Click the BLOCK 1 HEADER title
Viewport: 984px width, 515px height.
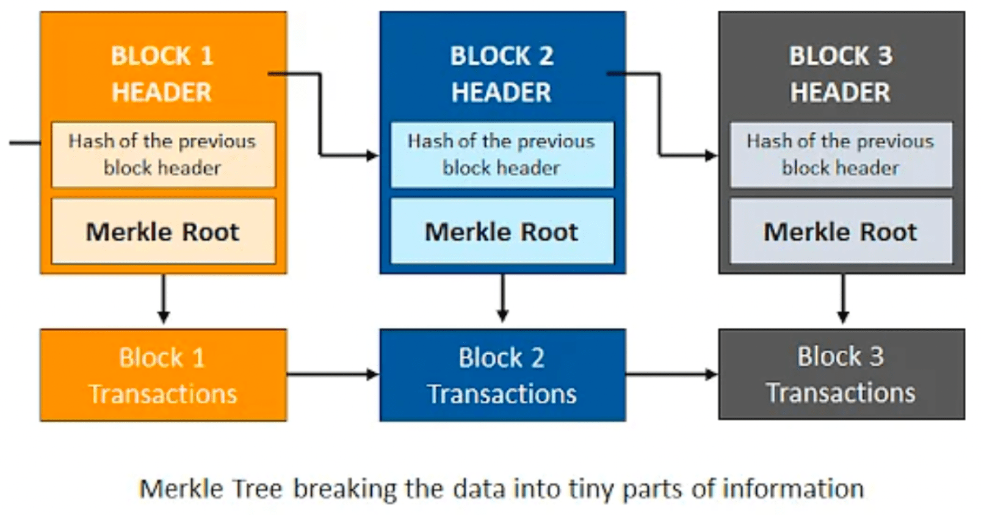(x=162, y=74)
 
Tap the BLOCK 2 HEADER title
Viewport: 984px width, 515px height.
(x=502, y=74)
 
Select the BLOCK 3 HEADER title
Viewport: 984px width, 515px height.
(x=841, y=74)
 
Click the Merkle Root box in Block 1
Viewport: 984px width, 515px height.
(x=163, y=232)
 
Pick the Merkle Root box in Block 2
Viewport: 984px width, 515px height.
(x=502, y=232)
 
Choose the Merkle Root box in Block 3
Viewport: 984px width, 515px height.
(x=841, y=232)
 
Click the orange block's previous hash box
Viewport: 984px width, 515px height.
(x=163, y=154)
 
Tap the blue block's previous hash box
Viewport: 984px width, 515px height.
(x=502, y=154)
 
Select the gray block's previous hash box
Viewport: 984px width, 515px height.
(x=841, y=154)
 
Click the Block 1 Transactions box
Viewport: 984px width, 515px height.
(x=163, y=375)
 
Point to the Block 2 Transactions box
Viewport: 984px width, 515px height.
(x=502, y=375)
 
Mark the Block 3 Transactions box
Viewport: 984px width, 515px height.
(x=841, y=374)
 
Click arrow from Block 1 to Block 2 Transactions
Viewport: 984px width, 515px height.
(x=333, y=374)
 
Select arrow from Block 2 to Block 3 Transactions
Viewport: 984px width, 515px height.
(x=671, y=374)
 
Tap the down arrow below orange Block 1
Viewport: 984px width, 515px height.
(x=163, y=299)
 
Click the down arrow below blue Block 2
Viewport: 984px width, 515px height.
(x=502, y=299)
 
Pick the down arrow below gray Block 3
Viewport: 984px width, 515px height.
(x=843, y=299)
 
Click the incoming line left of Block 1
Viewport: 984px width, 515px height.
(x=24, y=143)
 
